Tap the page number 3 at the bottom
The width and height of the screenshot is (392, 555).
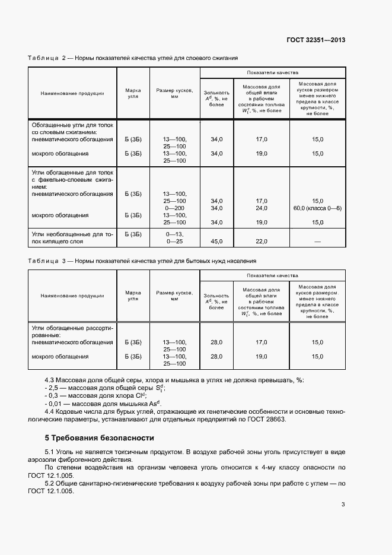point(343,505)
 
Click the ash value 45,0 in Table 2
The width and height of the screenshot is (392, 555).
point(216,241)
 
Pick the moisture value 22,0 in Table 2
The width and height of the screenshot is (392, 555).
point(261,241)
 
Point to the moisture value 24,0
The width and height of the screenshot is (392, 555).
point(261,208)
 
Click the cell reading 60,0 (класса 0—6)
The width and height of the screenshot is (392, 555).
point(317,208)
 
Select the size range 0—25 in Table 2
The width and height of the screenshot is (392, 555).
point(176,242)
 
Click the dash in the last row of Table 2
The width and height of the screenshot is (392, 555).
point(318,241)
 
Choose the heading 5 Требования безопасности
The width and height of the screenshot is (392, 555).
point(99,438)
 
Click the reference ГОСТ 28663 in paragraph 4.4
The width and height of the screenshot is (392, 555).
point(268,418)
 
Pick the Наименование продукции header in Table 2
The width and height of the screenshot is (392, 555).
point(72,93)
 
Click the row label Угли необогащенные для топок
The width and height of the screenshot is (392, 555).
point(72,234)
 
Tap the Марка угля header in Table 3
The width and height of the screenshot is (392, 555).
point(133,296)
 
